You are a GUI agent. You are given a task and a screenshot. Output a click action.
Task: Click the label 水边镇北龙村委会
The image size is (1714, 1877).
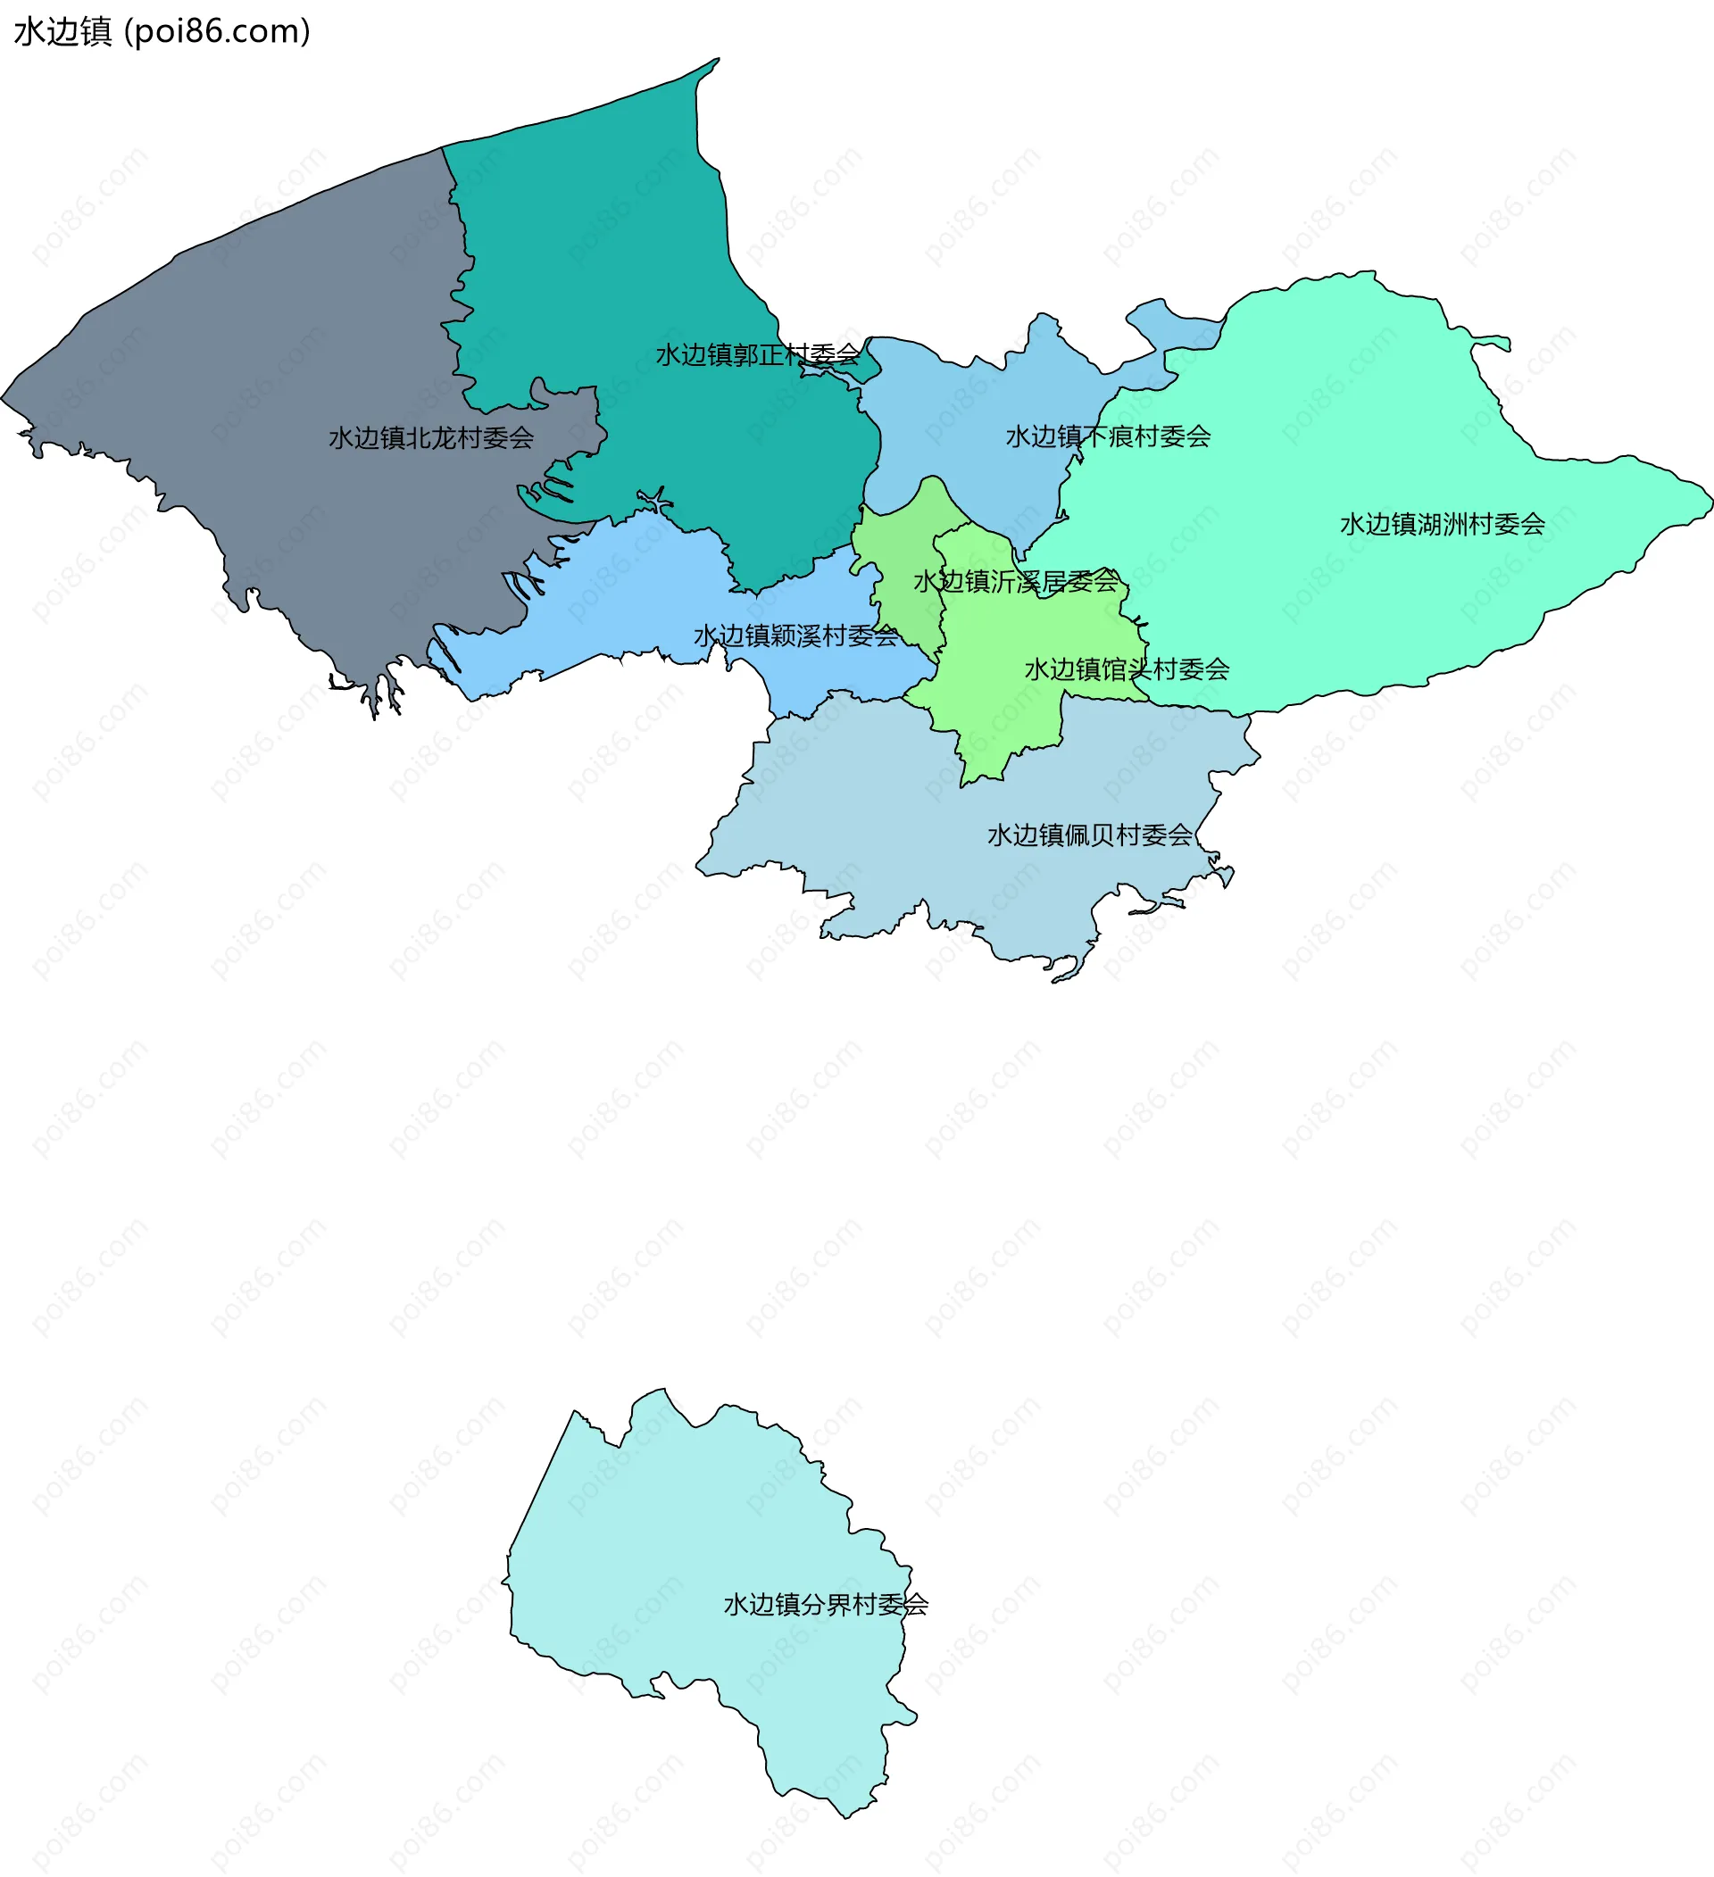(x=431, y=437)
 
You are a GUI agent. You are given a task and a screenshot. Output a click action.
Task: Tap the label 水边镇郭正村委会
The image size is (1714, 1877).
(x=758, y=354)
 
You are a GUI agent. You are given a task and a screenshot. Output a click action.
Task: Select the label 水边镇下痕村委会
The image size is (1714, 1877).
(x=1108, y=436)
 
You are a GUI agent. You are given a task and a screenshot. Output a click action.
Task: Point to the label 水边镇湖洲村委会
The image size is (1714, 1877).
(x=1442, y=524)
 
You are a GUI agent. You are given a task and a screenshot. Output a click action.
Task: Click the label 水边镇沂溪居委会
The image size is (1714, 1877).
(x=1016, y=582)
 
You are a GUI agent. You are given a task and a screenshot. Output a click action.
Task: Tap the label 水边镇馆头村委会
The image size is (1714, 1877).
(x=1127, y=669)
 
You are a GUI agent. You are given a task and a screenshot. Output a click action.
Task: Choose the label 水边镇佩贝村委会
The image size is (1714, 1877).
(x=1089, y=835)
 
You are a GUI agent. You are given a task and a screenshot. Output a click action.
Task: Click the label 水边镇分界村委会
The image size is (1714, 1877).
(x=826, y=1604)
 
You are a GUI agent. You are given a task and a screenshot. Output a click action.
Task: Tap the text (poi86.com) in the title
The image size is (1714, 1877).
(x=217, y=31)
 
